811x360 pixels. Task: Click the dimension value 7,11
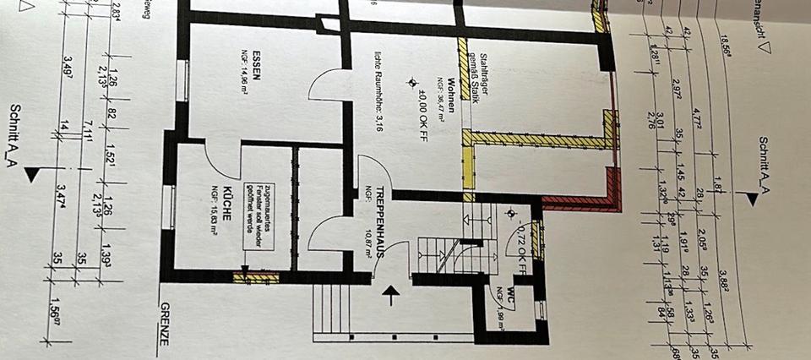point(87,129)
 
